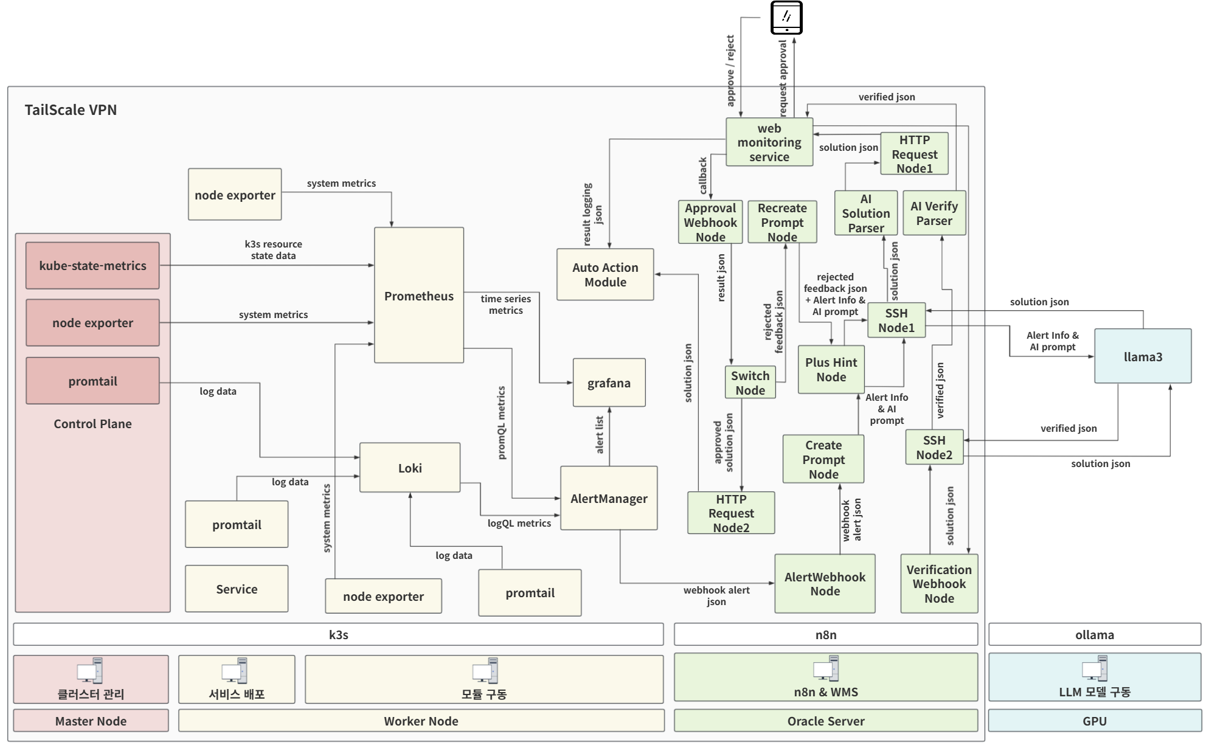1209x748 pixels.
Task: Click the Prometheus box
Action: click(418, 296)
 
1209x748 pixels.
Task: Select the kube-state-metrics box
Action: click(92, 266)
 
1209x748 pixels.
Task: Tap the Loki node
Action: click(410, 468)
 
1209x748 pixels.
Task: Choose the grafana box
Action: click(609, 383)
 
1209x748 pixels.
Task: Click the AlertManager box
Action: click(609, 498)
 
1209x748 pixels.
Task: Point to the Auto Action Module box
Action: click(605, 274)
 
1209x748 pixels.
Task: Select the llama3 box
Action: click(1142, 356)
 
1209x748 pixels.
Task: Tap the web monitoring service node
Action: click(769, 142)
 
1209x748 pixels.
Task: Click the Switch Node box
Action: click(750, 383)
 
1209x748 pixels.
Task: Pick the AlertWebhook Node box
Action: click(825, 584)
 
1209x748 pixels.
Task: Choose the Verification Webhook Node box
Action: click(939, 584)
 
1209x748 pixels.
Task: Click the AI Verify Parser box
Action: click(934, 213)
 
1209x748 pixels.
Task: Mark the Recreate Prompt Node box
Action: click(782, 222)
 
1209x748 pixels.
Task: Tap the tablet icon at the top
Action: click(786, 18)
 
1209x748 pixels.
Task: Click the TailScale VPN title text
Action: click(71, 110)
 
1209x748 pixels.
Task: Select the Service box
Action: click(237, 589)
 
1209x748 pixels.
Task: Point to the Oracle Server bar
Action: click(825, 721)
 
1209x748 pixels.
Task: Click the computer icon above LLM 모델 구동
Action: click(1094, 669)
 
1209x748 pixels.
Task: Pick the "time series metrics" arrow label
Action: click(505, 304)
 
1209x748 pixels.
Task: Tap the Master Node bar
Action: click(91, 721)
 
